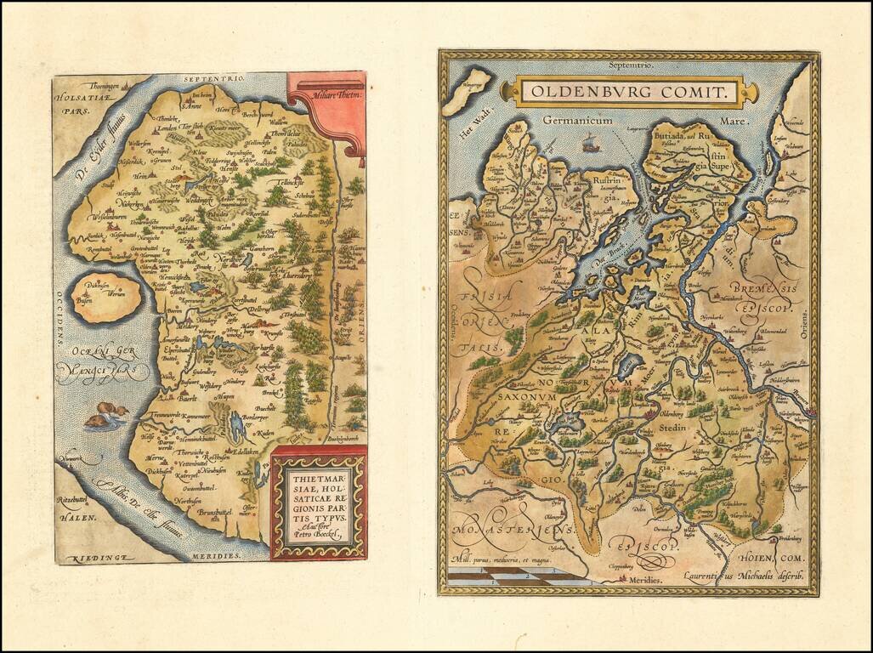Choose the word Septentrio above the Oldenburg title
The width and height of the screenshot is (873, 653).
pos(630,65)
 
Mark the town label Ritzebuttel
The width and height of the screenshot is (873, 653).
pos(78,500)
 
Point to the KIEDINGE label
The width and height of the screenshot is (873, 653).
pos(89,557)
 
